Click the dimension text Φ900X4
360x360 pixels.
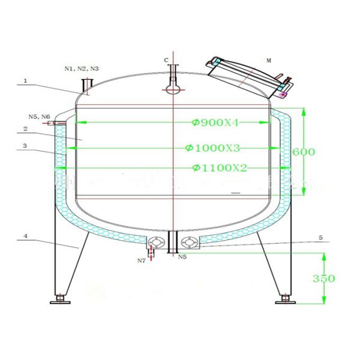(215, 123)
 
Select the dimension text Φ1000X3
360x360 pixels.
(213, 148)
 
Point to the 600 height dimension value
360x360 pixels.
(305, 152)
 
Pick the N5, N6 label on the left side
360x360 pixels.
(40, 116)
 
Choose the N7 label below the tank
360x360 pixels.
(141, 261)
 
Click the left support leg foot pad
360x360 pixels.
(59, 299)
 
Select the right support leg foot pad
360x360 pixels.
(286, 299)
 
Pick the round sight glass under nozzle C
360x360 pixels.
(173, 90)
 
